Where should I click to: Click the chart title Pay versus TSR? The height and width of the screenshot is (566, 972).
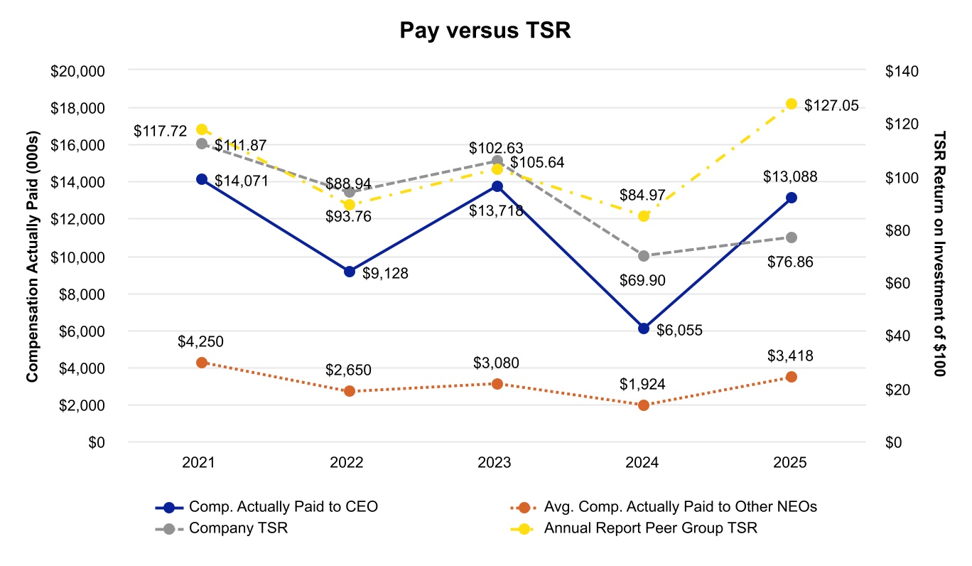(485, 31)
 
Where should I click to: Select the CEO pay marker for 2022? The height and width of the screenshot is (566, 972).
(349, 272)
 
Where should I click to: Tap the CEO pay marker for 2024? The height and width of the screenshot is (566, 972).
(644, 329)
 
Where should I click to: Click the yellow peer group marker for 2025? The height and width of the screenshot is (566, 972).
(792, 104)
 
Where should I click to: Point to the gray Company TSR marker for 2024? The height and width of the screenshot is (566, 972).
(644, 256)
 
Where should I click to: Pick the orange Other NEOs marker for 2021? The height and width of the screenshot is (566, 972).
(202, 363)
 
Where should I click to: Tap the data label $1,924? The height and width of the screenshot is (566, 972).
(642, 385)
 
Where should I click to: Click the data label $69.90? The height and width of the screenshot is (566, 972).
(642, 281)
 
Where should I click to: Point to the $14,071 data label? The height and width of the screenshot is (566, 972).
(240, 181)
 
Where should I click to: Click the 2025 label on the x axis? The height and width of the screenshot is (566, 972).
(789, 463)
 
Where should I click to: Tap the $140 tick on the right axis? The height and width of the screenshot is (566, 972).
(902, 71)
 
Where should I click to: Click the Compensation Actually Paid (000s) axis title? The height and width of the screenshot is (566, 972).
(33, 257)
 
